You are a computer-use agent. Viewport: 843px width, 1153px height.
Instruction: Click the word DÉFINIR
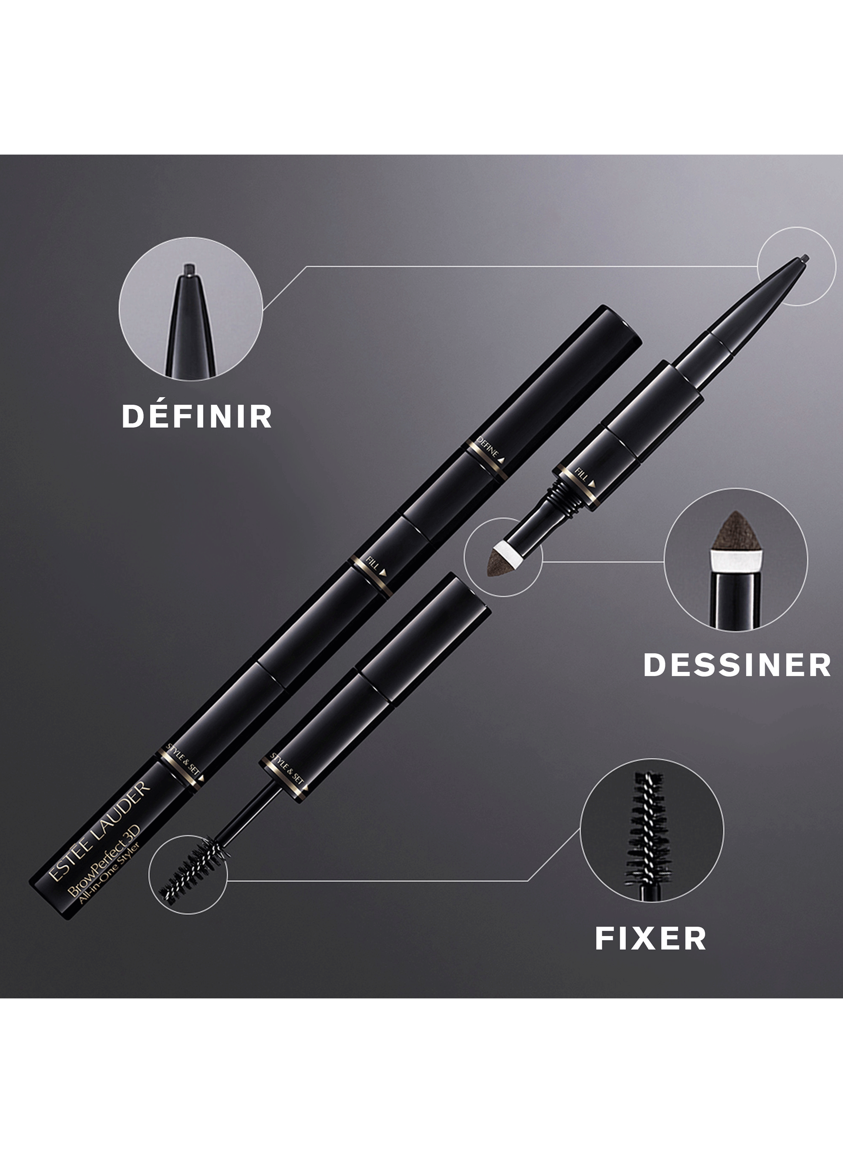click(197, 417)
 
